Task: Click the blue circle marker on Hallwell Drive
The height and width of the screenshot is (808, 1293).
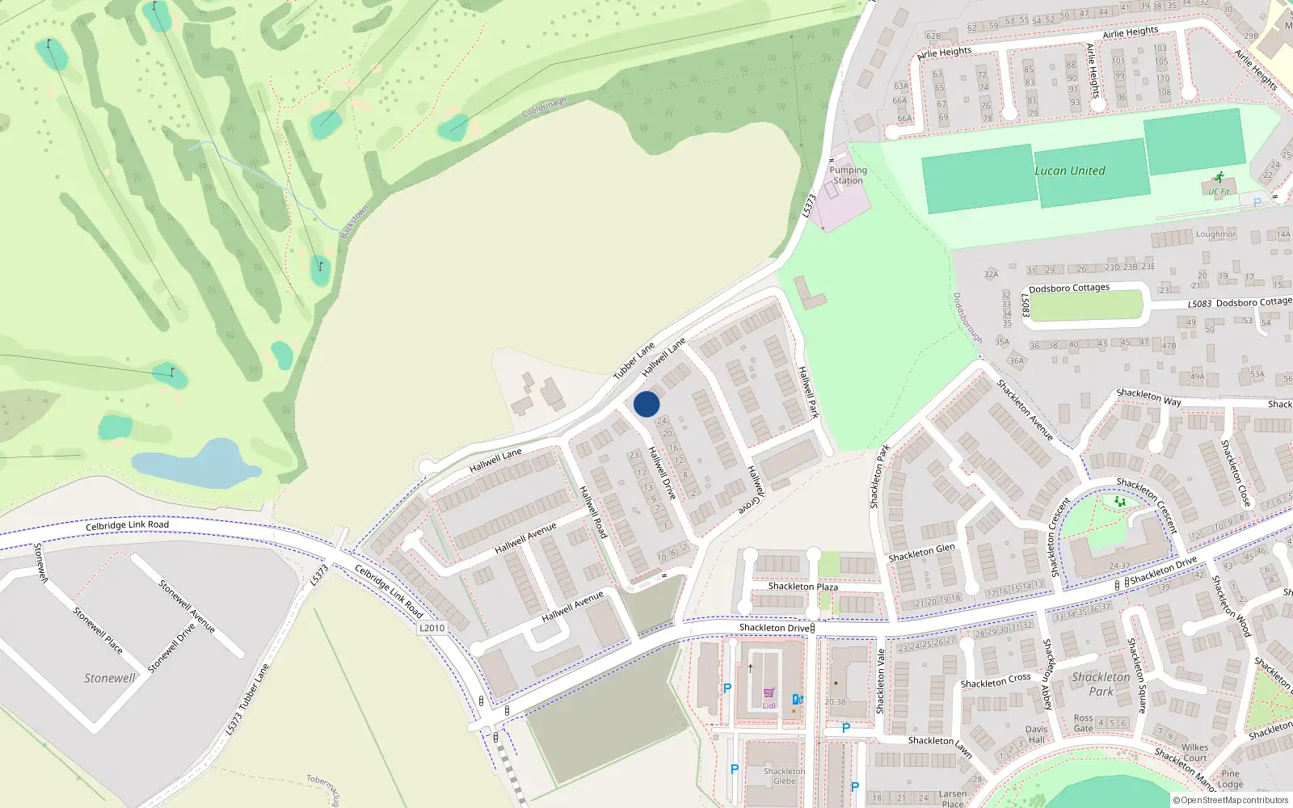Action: pos(646,404)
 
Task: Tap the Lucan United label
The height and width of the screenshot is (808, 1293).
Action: pos(1070,171)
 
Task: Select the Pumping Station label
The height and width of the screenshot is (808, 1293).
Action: pos(848,175)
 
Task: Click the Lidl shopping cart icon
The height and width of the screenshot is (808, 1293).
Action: pos(769,693)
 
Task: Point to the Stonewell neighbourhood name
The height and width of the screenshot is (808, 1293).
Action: pos(110,678)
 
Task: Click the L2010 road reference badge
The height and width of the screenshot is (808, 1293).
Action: pos(432,628)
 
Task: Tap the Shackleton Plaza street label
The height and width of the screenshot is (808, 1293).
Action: pos(802,587)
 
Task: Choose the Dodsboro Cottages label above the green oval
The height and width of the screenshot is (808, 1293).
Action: pos(1068,288)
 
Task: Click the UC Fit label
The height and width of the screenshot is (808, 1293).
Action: pos(1219,191)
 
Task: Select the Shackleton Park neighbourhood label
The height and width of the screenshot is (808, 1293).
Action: pos(1101,684)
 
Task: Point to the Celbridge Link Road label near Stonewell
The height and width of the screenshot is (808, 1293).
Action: pos(127,525)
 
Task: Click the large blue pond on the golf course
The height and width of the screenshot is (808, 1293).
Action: pos(194,465)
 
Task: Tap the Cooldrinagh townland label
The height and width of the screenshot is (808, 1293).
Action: pos(544,107)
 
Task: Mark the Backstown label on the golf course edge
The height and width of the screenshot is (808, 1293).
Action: pos(354,222)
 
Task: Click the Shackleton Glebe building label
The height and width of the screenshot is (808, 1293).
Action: pos(784,776)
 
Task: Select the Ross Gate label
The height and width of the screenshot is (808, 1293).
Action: pos(1083,723)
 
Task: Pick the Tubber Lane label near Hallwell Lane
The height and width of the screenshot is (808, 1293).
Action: pos(634,361)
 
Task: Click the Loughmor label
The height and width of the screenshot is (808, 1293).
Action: pos(1215,234)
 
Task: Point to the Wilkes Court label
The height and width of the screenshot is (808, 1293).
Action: pos(1194,752)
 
